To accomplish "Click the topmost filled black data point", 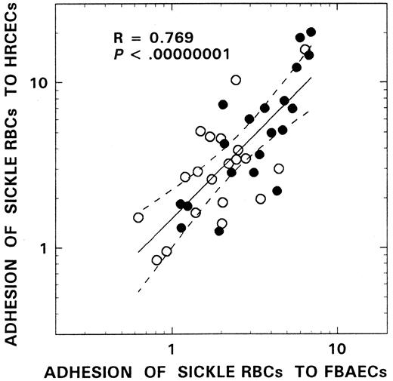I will [x=311, y=32].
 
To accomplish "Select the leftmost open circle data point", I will [x=138, y=217].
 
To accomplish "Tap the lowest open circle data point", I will [x=157, y=260].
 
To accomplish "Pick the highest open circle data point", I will [x=305, y=50].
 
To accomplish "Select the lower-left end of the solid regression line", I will [x=138, y=252].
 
